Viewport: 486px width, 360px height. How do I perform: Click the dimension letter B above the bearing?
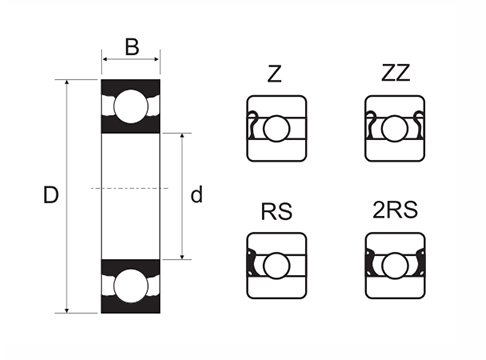(131, 46)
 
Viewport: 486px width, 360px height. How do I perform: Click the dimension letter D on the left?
(50, 195)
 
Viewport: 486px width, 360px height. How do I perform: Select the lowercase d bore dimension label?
(196, 195)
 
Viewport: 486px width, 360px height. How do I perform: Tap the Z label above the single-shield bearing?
(274, 74)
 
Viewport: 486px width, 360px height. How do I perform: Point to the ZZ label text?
(395, 74)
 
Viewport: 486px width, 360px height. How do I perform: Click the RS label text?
(275, 211)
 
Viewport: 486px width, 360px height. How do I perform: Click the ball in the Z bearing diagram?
(276, 128)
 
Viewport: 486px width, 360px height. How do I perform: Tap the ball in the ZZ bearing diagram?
(395, 128)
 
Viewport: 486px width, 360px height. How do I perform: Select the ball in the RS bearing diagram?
(276, 264)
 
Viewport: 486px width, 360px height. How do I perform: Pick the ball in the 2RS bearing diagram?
(395, 264)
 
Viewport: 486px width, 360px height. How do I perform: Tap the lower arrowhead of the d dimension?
(181, 255)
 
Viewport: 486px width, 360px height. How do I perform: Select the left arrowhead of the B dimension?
(105, 61)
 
